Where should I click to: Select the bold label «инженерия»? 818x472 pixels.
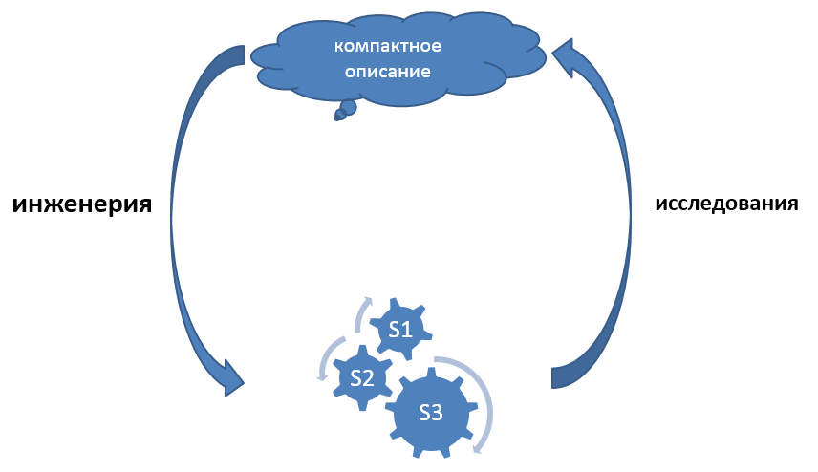pyautogui.click(x=82, y=204)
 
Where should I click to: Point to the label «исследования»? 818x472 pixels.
pyautogui.click(x=726, y=204)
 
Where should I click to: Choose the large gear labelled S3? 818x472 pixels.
pyautogui.click(x=431, y=413)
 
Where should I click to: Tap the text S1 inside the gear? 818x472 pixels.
pyautogui.click(x=399, y=331)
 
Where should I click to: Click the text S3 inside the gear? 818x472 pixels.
pyautogui.click(x=431, y=413)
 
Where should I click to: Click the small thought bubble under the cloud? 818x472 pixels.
pyautogui.click(x=346, y=108)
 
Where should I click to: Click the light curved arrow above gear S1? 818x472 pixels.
pyautogui.click(x=361, y=312)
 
